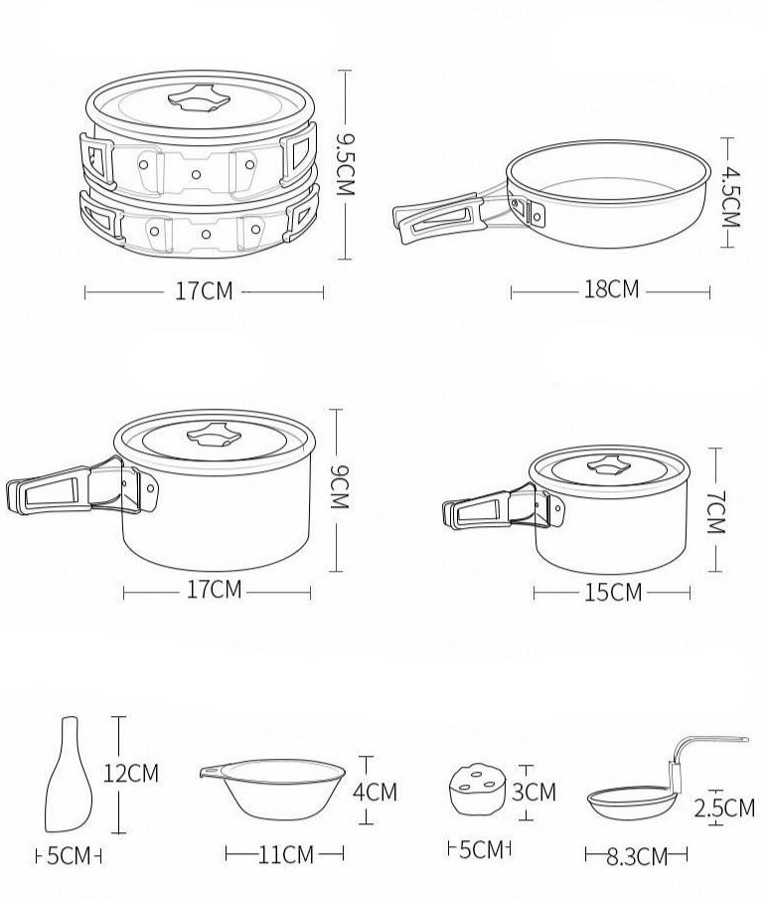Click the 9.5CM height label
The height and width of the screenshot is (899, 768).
(x=346, y=164)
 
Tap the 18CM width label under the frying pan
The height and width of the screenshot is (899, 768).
(x=611, y=289)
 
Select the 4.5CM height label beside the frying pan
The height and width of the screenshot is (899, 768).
(x=730, y=197)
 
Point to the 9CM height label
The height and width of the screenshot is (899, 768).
(x=340, y=487)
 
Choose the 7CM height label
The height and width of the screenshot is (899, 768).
(x=716, y=512)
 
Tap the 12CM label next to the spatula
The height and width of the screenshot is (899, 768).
(x=130, y=773)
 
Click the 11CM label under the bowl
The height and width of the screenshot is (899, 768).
(x=286, y=854)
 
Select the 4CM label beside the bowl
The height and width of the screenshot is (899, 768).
(x=375, y=792)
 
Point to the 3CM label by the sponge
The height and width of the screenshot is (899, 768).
(x=534, y=792)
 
